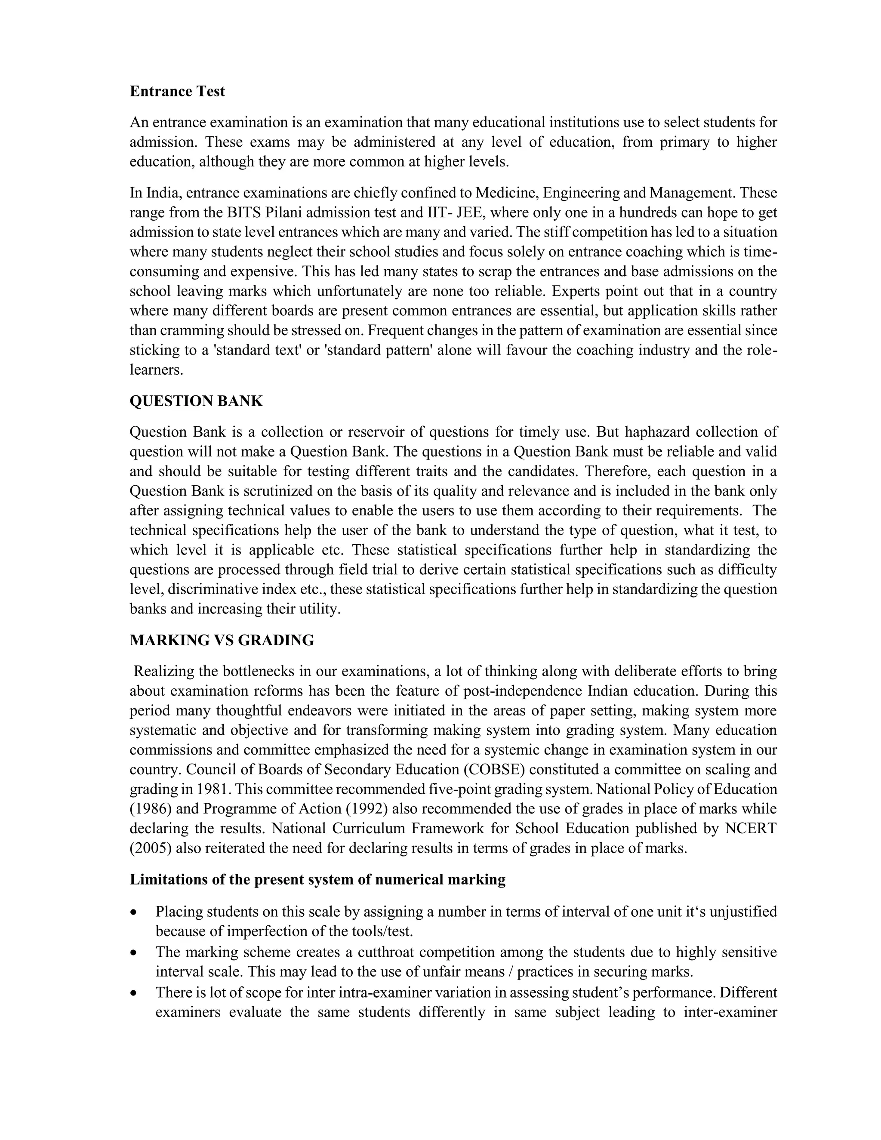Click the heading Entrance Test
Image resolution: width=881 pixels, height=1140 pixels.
177,91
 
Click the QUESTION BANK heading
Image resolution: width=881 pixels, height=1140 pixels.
196,401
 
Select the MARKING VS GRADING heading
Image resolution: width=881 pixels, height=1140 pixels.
222,641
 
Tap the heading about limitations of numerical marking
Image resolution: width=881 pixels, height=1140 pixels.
317,880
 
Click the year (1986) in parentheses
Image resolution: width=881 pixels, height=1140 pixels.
147,809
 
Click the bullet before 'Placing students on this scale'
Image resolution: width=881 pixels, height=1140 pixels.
135,912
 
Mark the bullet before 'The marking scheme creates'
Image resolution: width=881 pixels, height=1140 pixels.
135,952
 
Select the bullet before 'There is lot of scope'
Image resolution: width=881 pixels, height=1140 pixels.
135,993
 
